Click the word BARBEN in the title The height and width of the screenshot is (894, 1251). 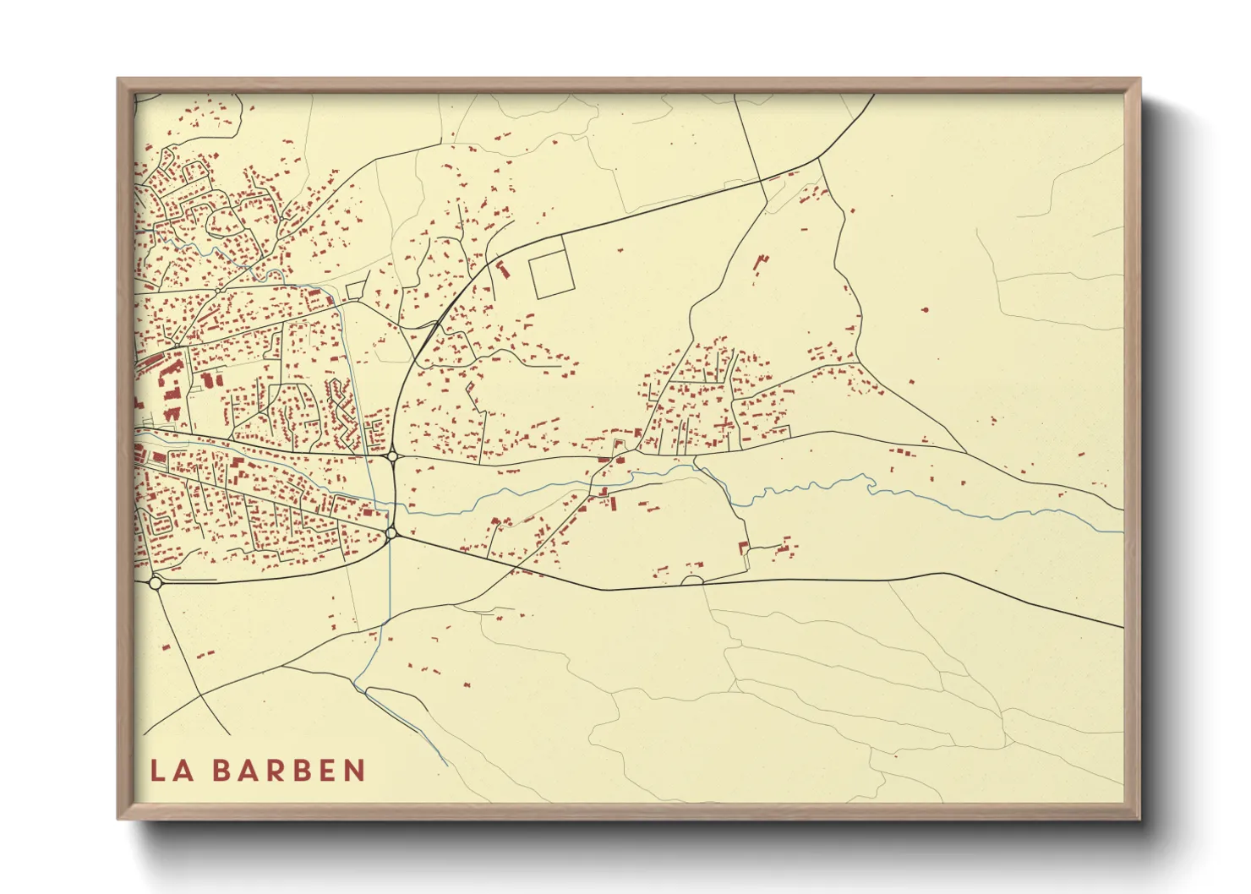288,771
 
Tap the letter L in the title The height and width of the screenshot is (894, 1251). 158,771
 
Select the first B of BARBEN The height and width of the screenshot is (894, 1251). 220,771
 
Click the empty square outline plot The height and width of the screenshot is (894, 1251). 550,275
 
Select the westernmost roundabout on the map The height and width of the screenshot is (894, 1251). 156,583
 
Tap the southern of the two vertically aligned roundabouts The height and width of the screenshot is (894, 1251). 391,533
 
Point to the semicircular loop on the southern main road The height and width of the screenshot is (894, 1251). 692,580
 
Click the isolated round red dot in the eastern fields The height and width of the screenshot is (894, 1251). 924,310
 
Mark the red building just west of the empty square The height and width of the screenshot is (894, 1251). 505,270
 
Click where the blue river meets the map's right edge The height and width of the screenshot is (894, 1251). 1122,531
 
